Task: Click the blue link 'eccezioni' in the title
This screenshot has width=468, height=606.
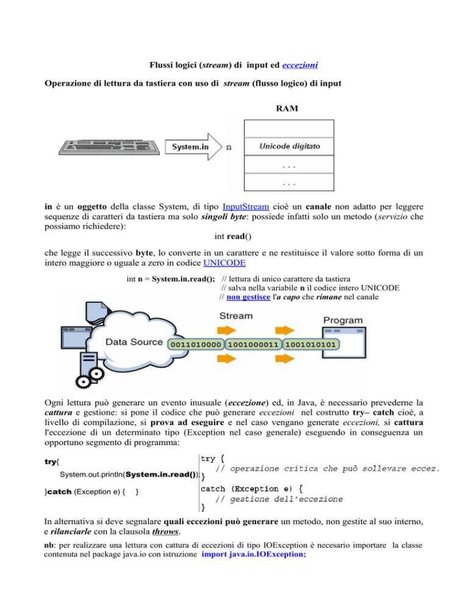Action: pyautogui.click(x=300, y=65)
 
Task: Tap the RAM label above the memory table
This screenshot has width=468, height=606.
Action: pyautogui.click(x=287, y=109)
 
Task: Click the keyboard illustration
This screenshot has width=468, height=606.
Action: pyautogui.click(x=109, y=148)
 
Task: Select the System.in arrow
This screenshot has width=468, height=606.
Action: pyautogui.click(x=194, y=147)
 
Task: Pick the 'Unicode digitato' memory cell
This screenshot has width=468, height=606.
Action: pyautogui.click(x=289, y=146)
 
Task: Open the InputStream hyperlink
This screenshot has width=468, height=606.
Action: pyautogui.click(x=246, y=207)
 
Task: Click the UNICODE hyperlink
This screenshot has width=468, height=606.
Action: pyautogui.click(x=224, y=263)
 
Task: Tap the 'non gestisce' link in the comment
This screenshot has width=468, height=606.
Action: pyautogui.click(x=248, y=297)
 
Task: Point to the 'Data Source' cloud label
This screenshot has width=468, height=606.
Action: pyautogui.click(x=134, y=342)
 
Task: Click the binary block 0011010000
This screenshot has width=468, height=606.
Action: pyautogui.click(x=196, y=344)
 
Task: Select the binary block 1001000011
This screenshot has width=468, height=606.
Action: pyautogui.click(x=253, y=344)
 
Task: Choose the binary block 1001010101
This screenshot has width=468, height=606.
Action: pyautogui.click(x=311, y=344)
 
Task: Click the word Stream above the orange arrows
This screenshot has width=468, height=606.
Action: pyautogui.click(x=236, y=316)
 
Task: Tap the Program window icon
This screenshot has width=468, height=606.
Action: pyautogui.click(x=344, y=343)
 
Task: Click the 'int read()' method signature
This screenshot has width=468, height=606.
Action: pyautogui.click(x=233, y=236)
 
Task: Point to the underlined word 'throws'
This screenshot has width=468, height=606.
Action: pyautogui.click(x=165, y=532)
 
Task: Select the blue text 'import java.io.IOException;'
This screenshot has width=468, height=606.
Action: pyautogui.click(x=254, y=554)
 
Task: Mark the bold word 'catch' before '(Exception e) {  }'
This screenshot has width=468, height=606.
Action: pyautogui.click(x=60, y=491)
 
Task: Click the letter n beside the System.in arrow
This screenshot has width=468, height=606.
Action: pyautogui.click(x=229, y=147)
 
